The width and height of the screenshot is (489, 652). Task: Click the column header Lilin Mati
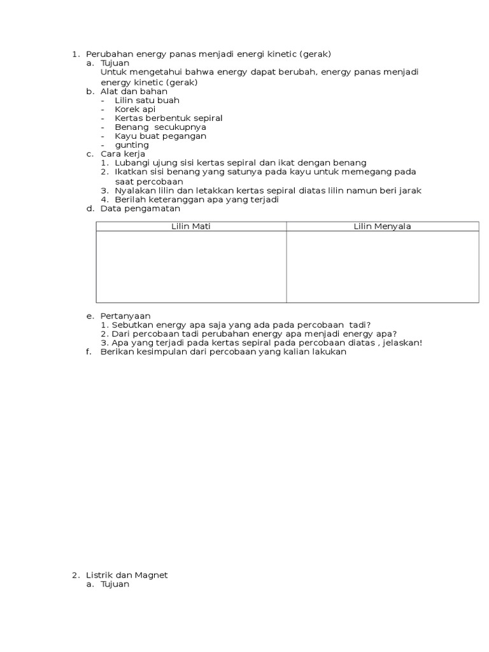[191, 227]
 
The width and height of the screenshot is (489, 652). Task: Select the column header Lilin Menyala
[383, 227]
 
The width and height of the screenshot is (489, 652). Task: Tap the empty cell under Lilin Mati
[191, 267]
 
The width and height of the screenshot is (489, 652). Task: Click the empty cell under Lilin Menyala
[383, 267]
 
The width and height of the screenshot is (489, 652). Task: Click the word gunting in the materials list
[132, 145]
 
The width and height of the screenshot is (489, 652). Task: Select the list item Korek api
[135, 110]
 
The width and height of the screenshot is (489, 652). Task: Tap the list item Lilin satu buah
[147, 101]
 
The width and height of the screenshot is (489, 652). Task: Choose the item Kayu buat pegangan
[160, 136]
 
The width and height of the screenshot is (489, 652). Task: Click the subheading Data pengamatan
[140, 209]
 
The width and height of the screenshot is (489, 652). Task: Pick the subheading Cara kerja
[123, 154]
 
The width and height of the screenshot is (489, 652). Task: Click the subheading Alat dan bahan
[134, 92]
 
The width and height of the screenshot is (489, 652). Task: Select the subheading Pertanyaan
[125, 316]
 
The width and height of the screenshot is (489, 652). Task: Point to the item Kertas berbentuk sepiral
[169, 118]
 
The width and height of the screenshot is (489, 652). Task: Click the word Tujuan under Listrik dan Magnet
[115, 584]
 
